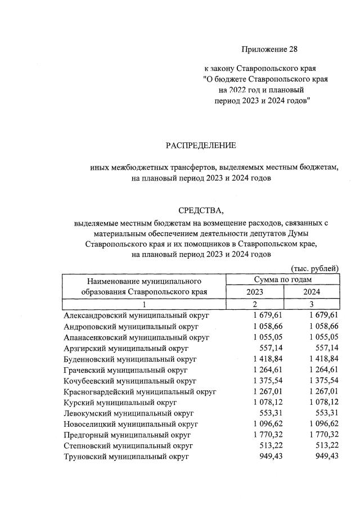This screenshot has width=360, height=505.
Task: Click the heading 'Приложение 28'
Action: [269, 49]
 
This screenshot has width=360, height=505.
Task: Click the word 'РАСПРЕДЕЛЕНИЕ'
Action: [201, 146]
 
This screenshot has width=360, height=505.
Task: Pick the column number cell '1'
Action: [143, 304]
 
